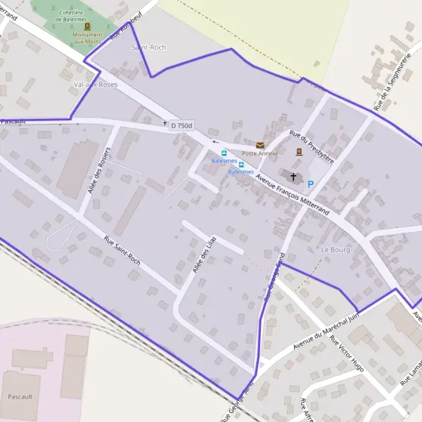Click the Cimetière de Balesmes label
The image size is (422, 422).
coord(77,16)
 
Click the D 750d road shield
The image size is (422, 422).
coord(181,126)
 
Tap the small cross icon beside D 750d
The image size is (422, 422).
coord(165,124)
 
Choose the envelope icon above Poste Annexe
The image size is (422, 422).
coord(260,145)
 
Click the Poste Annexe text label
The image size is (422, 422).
coord(260,153)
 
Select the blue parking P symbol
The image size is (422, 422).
coord(310,184)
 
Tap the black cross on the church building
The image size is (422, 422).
coord(293,177)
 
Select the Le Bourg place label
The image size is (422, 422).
coord(335,250)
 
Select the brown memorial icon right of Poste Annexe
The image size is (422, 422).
coord(299,151)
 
